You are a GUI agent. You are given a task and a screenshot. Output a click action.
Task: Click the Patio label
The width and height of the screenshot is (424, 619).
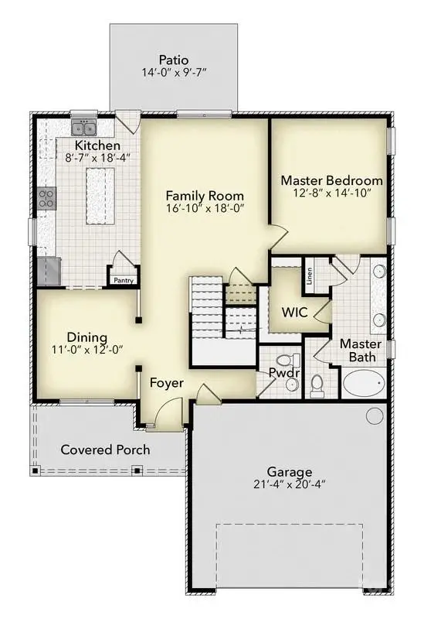(174, 59)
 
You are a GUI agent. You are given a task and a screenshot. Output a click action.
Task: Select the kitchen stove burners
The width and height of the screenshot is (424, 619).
(46, 197)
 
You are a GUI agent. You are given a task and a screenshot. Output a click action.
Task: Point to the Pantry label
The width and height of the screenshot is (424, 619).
(123, 281)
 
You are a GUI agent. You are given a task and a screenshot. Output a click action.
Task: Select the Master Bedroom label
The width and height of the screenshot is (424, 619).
(331, 180)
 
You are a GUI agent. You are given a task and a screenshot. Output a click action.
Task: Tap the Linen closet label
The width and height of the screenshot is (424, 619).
(309, 276)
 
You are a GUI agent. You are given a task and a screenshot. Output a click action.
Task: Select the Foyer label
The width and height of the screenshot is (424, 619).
(166, 381)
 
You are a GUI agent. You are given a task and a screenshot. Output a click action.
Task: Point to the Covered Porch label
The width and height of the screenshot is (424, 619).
(105, 450)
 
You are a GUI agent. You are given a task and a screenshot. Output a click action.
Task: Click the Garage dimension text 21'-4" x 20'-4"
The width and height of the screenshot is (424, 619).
(290, 487)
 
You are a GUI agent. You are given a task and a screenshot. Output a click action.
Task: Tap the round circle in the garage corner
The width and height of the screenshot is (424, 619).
(375, 416)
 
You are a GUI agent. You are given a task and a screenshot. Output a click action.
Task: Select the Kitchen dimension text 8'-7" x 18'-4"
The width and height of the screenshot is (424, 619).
(97, 160)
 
